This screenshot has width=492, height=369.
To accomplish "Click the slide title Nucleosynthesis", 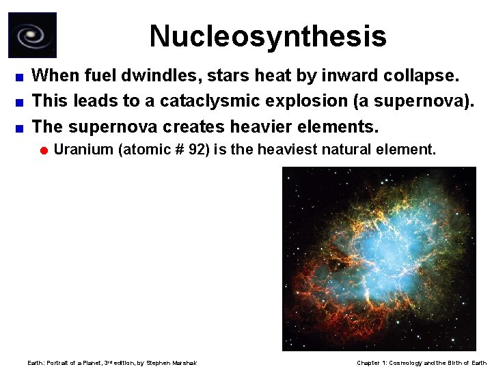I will pyautogui.click(x=268, y=36).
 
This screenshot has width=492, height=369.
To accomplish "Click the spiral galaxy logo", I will pyautogui.click(x=32, y=35).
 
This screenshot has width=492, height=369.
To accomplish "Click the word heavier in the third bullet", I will pyautogui.click(x=254, y=127).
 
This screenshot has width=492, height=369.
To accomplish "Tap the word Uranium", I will pyautogui.click(x=83, y=150).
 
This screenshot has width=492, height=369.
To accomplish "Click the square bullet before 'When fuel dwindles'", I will pyautogui.click(x=21, y=75).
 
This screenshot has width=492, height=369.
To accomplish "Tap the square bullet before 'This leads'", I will pyautogui.click(x=21, y=102).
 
